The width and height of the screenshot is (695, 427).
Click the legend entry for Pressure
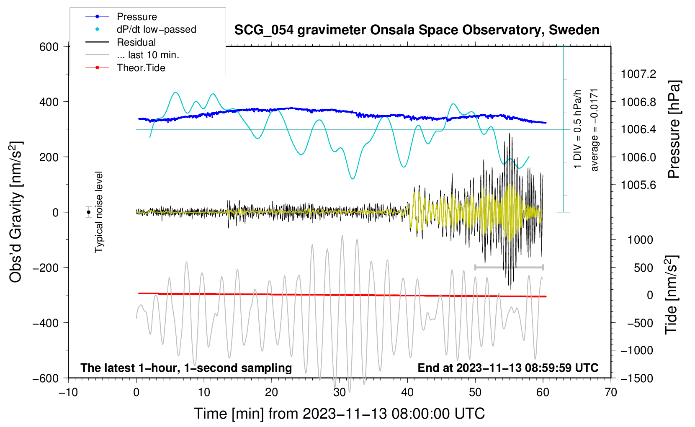click(x=136, y=17)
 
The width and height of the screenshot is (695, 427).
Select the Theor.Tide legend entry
click(x=141, y=68)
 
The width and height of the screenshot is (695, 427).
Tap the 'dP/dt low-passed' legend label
click(x=156, y=29)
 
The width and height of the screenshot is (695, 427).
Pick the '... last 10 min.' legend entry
click(x=148, y=55)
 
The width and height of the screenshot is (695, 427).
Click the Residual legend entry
click(x=136, y=42)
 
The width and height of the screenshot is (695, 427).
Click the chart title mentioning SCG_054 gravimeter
click(x=417, y=30)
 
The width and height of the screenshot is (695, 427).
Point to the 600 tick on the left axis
click(x=49, y=47)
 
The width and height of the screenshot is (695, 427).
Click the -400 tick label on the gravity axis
click(x=46, y=323)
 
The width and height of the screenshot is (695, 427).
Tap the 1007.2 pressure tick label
click(x=638, y=75)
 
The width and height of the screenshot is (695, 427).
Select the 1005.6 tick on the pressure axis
click(x=638, y=185)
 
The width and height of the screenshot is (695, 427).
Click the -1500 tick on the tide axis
click(x=636, y=378)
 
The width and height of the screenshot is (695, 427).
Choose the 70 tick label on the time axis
click(x=611, y=393)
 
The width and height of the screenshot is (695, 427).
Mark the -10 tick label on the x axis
click(x=68, y=393)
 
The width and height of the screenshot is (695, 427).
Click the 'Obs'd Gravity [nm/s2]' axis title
click(x=16, y=212)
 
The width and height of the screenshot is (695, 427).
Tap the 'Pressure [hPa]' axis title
click(x=674, y=130)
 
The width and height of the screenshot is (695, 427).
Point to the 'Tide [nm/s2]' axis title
click(x=671, y=295)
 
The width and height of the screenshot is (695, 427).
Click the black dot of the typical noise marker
click(x=88, y=212)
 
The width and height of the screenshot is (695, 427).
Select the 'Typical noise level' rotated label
click(x=99, y=212)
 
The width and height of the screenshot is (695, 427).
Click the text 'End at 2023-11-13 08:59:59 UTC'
click(x=508, y=368)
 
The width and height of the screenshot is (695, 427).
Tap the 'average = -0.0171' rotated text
click(x=595, y=130)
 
